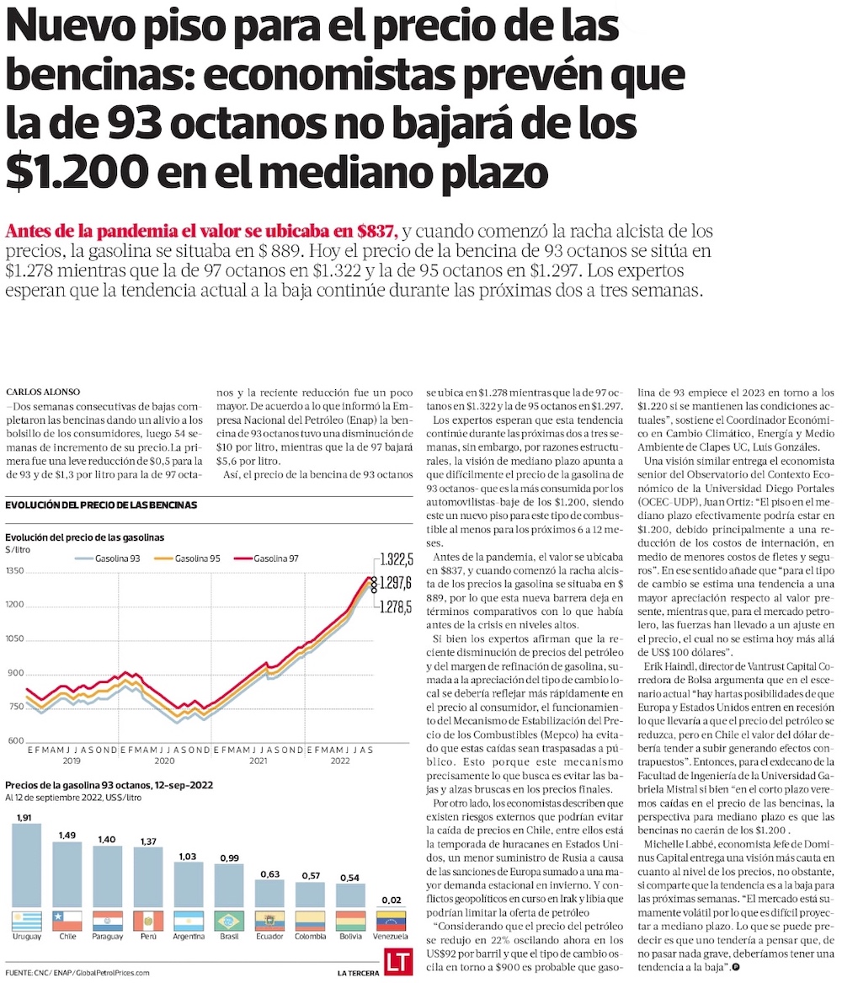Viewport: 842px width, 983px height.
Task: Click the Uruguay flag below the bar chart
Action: pos(27,920)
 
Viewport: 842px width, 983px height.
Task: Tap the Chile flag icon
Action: pos(67,920)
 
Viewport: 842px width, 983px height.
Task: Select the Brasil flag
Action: pos(229,920)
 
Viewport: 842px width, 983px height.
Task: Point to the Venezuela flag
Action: pos(391,920)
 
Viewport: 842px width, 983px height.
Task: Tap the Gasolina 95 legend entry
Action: pos(187,558)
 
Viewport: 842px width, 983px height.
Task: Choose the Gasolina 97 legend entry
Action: pos(266,558)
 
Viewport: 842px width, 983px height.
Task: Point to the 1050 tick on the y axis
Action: pos(15,639)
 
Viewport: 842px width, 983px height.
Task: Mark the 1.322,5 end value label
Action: pos(396,558)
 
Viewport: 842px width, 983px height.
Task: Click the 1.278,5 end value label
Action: pos(396,606)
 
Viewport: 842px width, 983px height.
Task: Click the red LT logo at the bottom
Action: pos(397,963)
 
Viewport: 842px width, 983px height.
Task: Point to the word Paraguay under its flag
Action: pos(108,938)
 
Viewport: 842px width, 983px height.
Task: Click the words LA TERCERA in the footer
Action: pos(356,973)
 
